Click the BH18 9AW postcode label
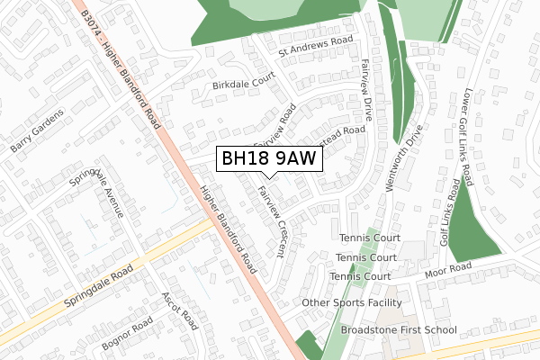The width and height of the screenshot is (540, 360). click(268, 159)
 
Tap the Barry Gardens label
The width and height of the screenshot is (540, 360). click(38, 133)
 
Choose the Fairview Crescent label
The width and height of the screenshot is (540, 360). click(271, 220)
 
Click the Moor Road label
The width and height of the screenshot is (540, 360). click(449, 268)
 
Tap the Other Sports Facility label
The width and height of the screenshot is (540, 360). click(352, 303)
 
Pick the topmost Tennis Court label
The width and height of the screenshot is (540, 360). click(370, 238)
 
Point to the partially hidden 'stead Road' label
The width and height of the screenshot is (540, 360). click(342, 139)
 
